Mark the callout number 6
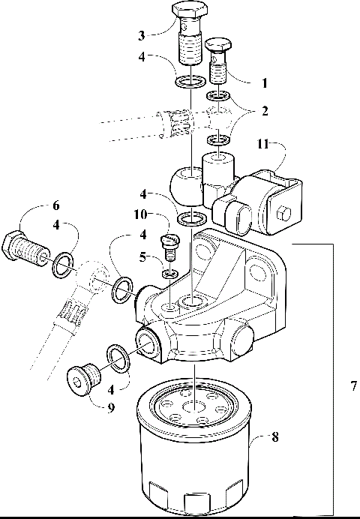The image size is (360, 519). pos(56,204)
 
